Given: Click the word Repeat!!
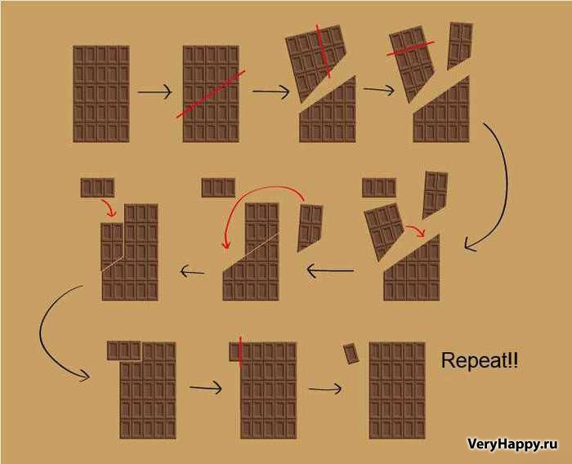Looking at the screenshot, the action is tap(480, 360).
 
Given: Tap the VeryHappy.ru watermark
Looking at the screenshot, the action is tap(512, 444).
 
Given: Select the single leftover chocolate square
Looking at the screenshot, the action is tap(351, 353).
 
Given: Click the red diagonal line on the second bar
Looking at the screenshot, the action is tap(211, 94).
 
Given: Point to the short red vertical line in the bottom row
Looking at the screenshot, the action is tap(240, 350).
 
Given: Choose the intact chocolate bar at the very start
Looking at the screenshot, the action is tap(101, 94).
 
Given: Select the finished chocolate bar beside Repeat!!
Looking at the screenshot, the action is tap(397, 390).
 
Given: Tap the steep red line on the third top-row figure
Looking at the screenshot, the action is tap(323, 51).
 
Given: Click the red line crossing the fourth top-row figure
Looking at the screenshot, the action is tap(410, 48).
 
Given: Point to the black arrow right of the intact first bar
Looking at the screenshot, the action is tap(154, 91).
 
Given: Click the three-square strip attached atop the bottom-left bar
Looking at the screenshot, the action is tap(123, 350).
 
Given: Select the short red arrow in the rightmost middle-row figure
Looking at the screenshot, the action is tap(416, 230).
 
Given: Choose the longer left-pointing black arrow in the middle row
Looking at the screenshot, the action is tap(330, 271).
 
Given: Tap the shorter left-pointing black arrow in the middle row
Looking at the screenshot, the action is tap(192, 271).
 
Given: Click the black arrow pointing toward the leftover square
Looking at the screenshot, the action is tap(325, 389).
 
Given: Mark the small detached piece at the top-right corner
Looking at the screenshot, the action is tap(460, 45).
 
